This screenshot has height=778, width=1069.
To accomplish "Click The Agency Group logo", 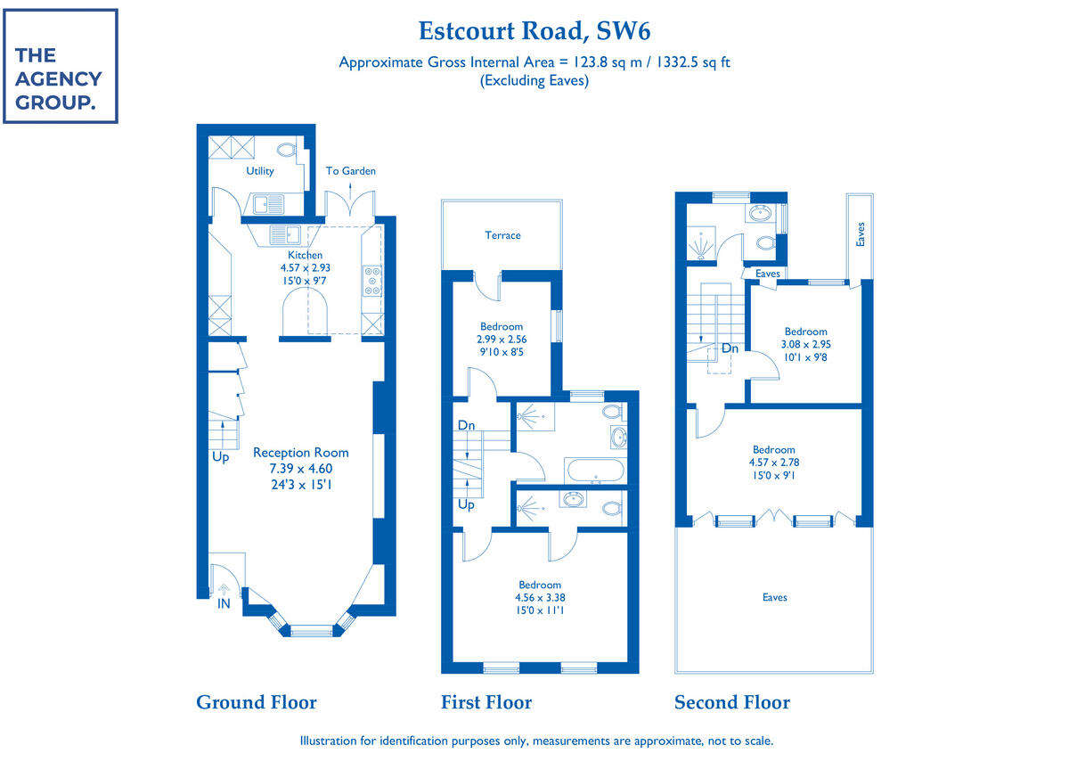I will pos(60,66).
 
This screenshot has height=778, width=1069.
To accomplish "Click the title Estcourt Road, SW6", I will pos(534,31).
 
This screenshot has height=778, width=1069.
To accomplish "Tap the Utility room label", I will pos(260,171).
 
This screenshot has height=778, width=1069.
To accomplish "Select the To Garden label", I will pos(350,171).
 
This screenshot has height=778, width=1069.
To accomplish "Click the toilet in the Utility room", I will pos(287,150).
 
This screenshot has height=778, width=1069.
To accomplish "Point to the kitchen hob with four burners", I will pos(372,282).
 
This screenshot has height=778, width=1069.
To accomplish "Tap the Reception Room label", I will pos(301,453).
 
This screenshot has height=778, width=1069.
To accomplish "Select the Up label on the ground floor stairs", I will pos(221,457).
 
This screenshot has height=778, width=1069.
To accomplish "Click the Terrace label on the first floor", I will pos(502,235).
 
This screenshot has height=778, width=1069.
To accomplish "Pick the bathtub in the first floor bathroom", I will pos(594,470).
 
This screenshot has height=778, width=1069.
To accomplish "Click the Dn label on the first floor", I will pos(466,426).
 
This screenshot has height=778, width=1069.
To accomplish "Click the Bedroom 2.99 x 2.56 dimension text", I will pos(502,340).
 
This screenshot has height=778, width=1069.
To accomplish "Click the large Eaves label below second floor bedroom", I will pos(774,597).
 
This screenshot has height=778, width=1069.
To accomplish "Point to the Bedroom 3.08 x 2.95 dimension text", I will pos(805,344).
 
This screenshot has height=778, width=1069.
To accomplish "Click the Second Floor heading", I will pos(731,702).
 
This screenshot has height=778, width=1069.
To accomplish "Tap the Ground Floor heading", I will pos(256,702).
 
